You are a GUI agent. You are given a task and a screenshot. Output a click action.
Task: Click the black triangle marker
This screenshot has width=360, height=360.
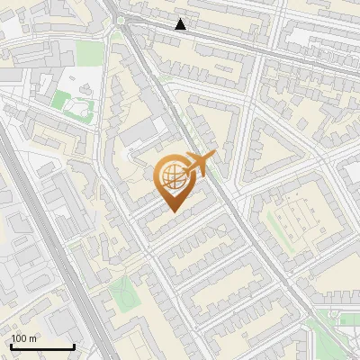coord(181,24)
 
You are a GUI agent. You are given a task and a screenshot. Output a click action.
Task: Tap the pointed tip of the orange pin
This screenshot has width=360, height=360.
coord(174,211)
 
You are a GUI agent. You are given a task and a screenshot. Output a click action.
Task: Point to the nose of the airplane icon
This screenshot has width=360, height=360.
coord(212,157)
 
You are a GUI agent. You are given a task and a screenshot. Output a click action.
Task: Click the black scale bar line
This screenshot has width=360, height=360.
coord(42,346)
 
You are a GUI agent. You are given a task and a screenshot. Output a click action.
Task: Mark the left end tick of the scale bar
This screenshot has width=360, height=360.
coord(11,346)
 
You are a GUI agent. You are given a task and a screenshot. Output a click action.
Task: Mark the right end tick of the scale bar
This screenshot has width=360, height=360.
coord(74,346)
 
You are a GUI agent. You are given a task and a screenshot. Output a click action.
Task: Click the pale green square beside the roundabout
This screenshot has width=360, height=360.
coord(90,53)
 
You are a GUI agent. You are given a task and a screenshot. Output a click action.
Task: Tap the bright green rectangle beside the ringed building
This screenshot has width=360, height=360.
coord(62,97)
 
